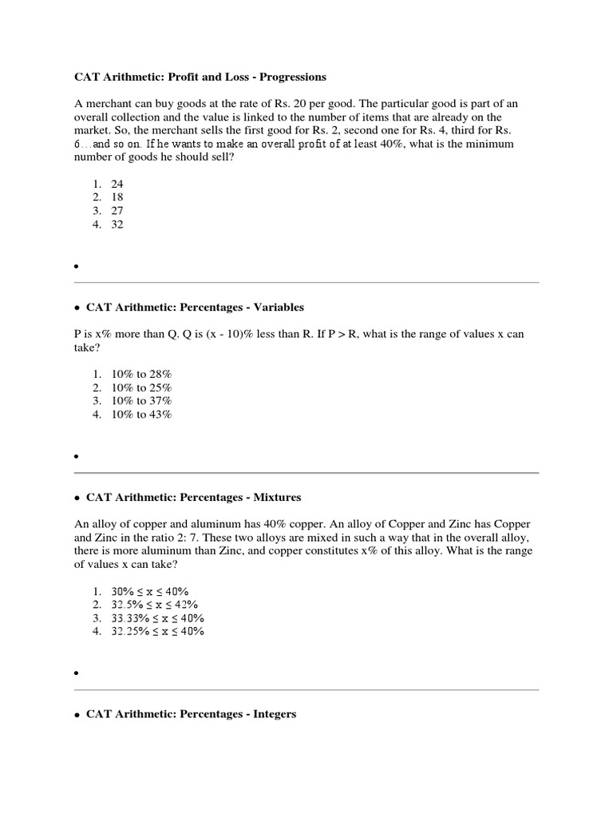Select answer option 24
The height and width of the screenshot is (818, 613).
pos(117,183)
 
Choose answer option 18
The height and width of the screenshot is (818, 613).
pos(117,197)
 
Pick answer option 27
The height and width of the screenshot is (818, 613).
pos(117,211)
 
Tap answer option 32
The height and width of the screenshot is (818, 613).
pos(117,224)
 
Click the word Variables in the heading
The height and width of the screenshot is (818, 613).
pos(277,307)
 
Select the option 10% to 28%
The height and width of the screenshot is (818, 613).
pos(141,373)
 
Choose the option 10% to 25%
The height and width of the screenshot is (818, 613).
pos(141,387)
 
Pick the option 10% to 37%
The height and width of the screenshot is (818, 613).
pos(141,400)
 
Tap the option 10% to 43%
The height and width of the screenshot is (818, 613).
pos(141,415)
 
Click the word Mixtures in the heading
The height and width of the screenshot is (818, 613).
pos(275,497)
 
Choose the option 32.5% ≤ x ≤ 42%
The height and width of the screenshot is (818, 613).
pos(155,605)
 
